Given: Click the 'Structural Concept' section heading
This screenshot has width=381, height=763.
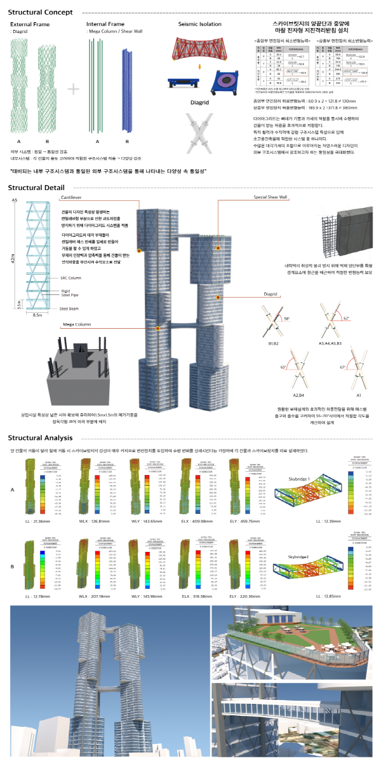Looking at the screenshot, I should (x=44, y=12).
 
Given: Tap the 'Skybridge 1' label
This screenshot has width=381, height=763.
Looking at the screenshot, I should (x=300, y=460).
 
